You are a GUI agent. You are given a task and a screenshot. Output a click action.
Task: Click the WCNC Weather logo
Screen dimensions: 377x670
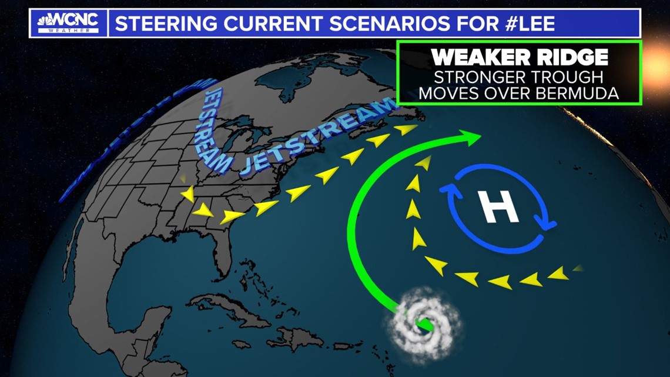68,23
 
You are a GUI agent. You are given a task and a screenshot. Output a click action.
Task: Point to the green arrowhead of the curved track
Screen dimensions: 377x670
473,139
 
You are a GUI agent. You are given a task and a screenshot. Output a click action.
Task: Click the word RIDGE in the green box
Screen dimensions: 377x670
568,57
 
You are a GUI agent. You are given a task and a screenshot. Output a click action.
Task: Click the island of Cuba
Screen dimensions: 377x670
230,306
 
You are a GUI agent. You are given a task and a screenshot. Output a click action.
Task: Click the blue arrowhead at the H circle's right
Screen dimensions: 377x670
548,223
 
